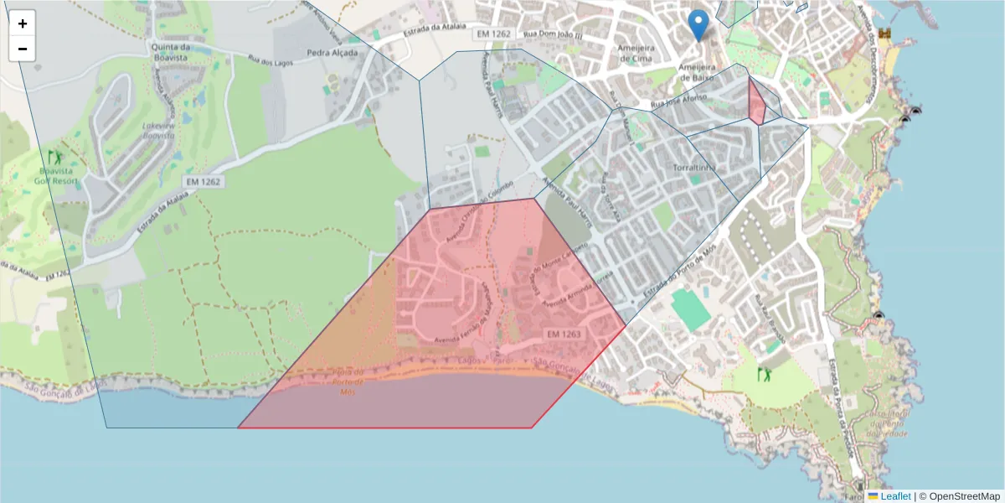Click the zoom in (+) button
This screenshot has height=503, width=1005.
23,23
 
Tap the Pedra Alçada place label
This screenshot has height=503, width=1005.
332,53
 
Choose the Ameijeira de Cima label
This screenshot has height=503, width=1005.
635,53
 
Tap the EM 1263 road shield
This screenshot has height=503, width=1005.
564,334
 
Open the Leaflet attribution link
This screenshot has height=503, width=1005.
894,496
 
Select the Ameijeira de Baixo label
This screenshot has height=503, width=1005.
696,71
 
